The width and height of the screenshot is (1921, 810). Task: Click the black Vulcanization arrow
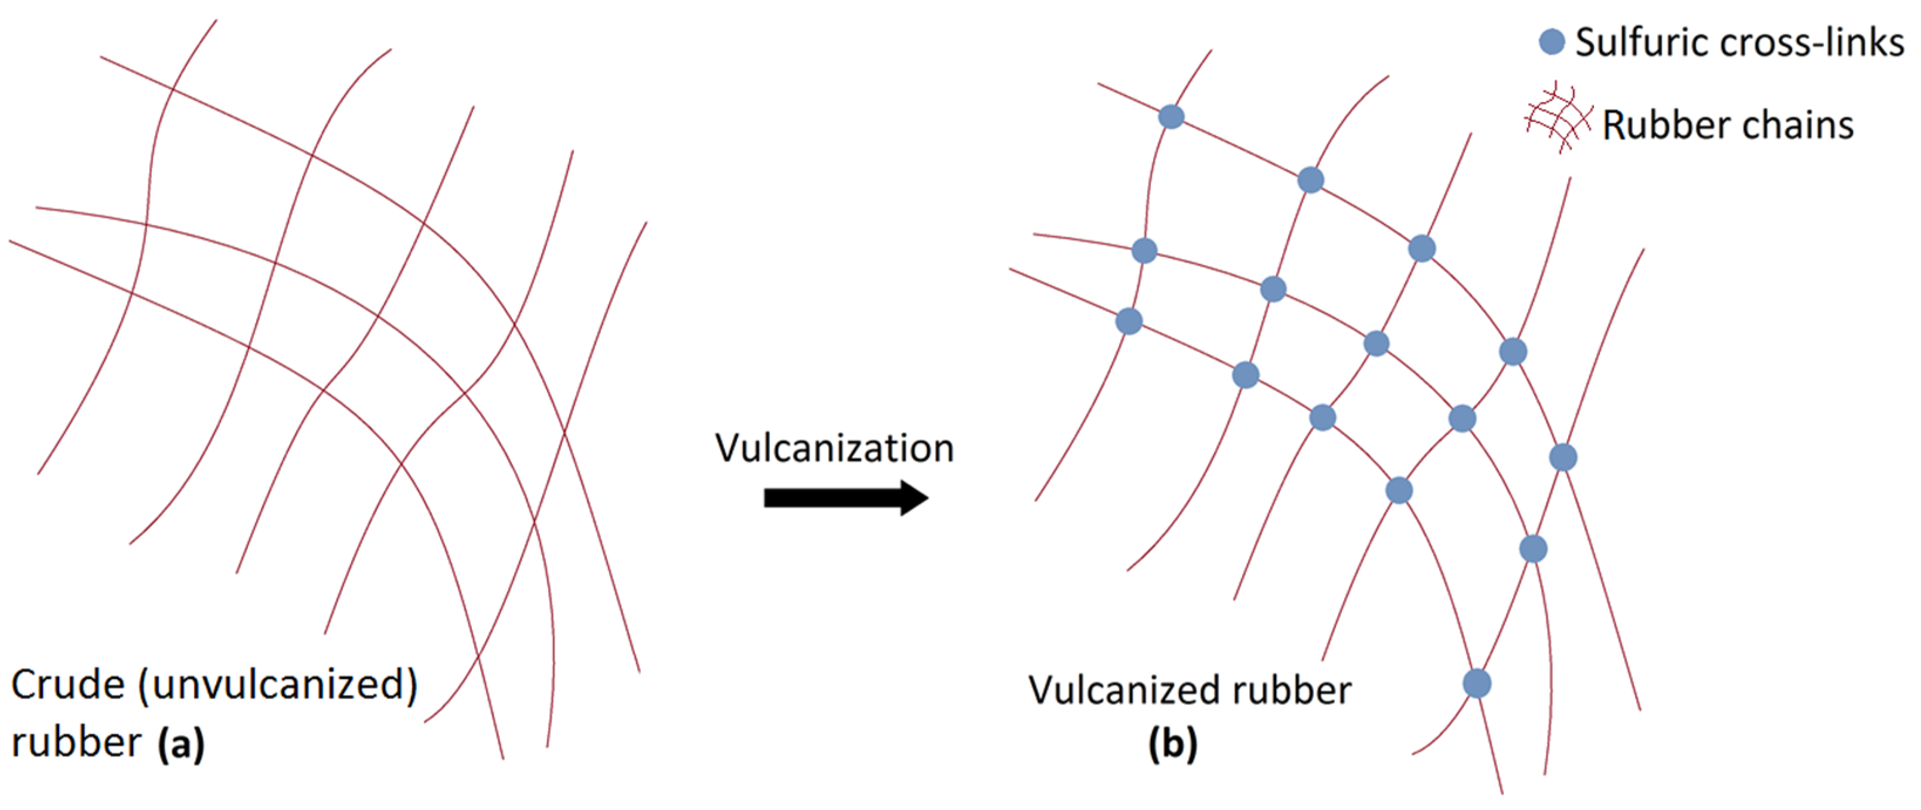845,498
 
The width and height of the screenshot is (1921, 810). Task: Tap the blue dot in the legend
1552,41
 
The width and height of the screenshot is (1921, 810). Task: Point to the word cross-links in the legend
1812,43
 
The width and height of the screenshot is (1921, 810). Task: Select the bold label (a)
181,744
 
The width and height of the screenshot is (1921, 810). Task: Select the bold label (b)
1173,744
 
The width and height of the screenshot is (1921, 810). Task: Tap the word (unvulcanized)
277,685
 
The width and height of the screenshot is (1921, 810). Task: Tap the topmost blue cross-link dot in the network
1171,117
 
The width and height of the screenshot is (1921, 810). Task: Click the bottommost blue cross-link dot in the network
1477,683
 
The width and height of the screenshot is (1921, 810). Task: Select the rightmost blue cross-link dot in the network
1563,457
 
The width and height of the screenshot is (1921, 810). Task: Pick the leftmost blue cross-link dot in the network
1129,321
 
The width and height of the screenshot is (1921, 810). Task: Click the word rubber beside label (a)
76,744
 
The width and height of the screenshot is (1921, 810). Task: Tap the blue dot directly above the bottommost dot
1533,549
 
